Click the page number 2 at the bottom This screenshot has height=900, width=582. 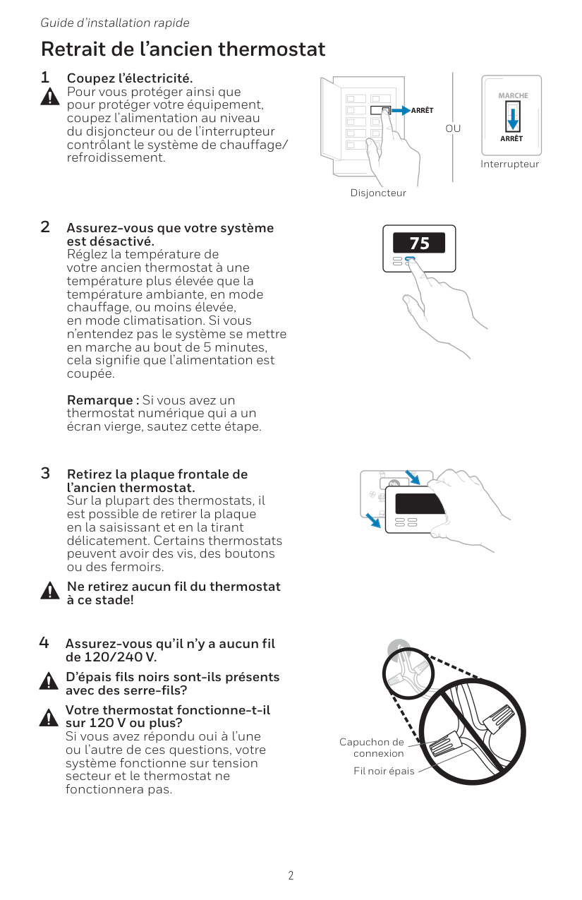click(x=291, y=876)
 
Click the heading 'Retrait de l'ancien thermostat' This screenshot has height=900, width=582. click(x=183, y=49)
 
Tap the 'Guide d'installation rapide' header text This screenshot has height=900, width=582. click(x=114, y=23)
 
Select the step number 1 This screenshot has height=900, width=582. click(x=45, y=77)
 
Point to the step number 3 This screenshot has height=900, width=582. click(x=45, y=473)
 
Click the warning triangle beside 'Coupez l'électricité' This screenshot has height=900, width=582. click(x=49, y=98)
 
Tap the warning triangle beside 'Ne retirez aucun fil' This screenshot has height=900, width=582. click(x=49, y=591)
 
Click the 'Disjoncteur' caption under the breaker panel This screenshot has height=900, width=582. click(x=378, y=193)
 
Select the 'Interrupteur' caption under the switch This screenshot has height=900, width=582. click(x=509, y=164)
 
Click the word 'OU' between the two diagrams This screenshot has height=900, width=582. click(x=453, y=128)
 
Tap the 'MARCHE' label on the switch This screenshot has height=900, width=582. click(x=513, y=95)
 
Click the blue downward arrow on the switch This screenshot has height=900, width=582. click(x=513, y=117)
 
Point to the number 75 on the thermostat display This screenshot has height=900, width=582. click(x=420, y=244)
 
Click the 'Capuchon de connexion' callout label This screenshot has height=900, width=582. click(x=372, y=748)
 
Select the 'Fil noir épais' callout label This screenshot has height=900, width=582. click(x=384, y=771)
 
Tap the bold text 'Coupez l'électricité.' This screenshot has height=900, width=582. click(x=129, y=77)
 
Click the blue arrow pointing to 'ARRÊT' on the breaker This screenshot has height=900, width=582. click(x=401, y=110)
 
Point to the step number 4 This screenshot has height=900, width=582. click(x=44, y=643)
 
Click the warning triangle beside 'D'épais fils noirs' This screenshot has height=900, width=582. click(x=48, y=681)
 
